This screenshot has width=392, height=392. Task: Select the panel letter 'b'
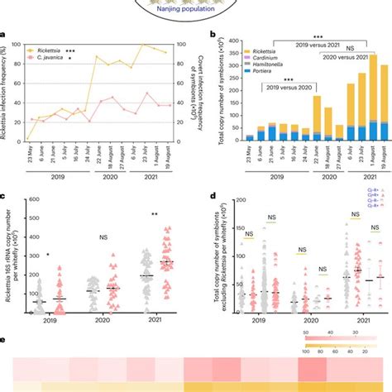pyautogui.click(x=213, y=36)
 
